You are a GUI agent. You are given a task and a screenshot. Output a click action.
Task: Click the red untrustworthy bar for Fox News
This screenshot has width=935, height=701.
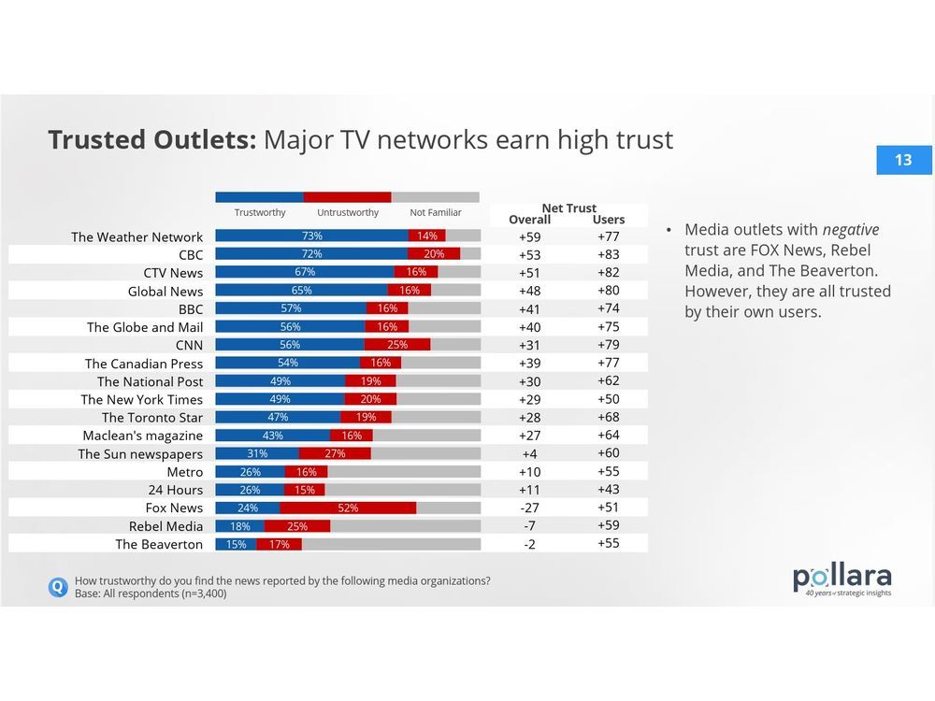(348, 508)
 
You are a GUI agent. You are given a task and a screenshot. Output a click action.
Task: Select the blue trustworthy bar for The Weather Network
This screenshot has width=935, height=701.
(311, 236)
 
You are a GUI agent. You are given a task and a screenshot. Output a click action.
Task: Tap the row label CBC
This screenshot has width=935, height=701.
(190, 254)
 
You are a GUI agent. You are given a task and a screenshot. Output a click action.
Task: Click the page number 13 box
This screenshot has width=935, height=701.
(903, 160)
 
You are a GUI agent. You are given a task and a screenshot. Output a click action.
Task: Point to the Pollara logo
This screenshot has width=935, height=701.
(841, 579)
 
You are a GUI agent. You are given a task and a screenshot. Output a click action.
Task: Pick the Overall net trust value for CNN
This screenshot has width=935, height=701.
(529, 345)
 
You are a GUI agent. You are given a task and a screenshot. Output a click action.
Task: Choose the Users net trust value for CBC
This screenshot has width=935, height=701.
(609, 254)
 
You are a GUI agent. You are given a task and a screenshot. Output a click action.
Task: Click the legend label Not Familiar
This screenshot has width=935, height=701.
(436, 213)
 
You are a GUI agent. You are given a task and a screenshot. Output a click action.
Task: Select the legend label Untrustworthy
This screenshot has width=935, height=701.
(348, 213)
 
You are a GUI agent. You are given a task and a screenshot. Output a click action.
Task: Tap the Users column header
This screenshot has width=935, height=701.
(609, 220)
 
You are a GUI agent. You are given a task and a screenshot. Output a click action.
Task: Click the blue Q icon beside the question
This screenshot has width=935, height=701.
(58, 587)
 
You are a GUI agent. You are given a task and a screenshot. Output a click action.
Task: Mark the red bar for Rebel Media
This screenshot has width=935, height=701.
(296, 525)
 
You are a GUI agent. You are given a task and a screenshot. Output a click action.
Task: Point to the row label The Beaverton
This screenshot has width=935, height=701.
(159, 544)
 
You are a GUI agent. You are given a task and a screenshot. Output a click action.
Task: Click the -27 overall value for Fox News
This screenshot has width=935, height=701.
(529, 508)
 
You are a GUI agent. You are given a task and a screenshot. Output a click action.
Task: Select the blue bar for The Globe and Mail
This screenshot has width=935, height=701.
(290, 327)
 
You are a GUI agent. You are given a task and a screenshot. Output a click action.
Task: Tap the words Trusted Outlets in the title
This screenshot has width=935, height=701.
(151, 139)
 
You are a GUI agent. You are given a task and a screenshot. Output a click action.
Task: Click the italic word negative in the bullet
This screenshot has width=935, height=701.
(850, 230)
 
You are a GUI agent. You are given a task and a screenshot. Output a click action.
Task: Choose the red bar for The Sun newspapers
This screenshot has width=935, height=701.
(335, 453)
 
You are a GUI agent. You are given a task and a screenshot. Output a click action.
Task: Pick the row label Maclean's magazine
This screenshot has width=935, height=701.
(142, 436)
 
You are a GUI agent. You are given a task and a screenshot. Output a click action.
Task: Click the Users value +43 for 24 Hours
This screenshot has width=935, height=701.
(609, 490)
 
